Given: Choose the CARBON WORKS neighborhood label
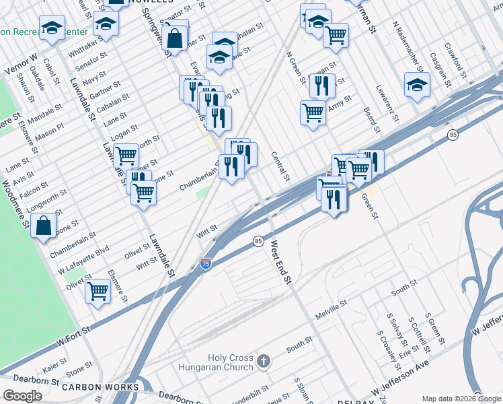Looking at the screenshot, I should [x=91, y=388].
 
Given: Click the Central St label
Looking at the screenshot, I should [x=280, y=166].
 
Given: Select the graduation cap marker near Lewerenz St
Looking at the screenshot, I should [x=418, y=84].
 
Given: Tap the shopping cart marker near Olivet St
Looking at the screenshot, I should [x=98, y=292].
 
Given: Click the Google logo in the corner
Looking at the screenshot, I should [x=22, y=396].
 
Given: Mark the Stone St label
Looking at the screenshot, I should [x=79, y=370].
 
